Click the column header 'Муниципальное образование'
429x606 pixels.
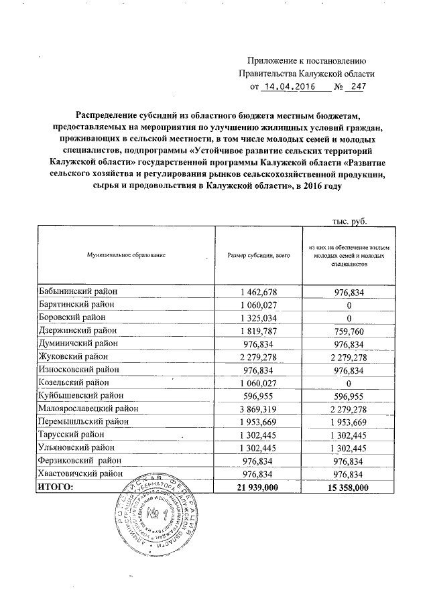(x=125, y=256)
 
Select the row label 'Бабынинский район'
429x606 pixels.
(x=78, y=292)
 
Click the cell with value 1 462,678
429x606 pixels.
(x=258, y=292)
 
